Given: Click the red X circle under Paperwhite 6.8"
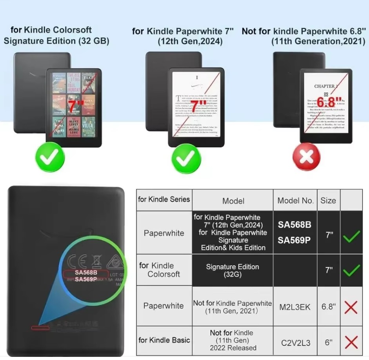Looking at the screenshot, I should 306,157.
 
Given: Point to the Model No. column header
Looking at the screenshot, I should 295,201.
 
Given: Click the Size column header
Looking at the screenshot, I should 328,201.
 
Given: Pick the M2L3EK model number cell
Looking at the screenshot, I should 295,307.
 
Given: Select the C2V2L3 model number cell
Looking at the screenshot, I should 295,343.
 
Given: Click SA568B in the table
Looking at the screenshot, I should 294,225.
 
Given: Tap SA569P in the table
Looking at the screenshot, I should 294,240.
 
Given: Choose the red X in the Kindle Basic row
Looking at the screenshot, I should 351,342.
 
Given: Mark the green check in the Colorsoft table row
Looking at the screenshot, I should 351,270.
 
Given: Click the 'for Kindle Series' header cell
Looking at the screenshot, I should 164,199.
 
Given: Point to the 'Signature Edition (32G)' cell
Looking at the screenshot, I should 233,270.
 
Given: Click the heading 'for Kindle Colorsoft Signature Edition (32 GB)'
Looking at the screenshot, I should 56,35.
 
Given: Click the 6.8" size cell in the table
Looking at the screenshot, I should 329,307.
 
